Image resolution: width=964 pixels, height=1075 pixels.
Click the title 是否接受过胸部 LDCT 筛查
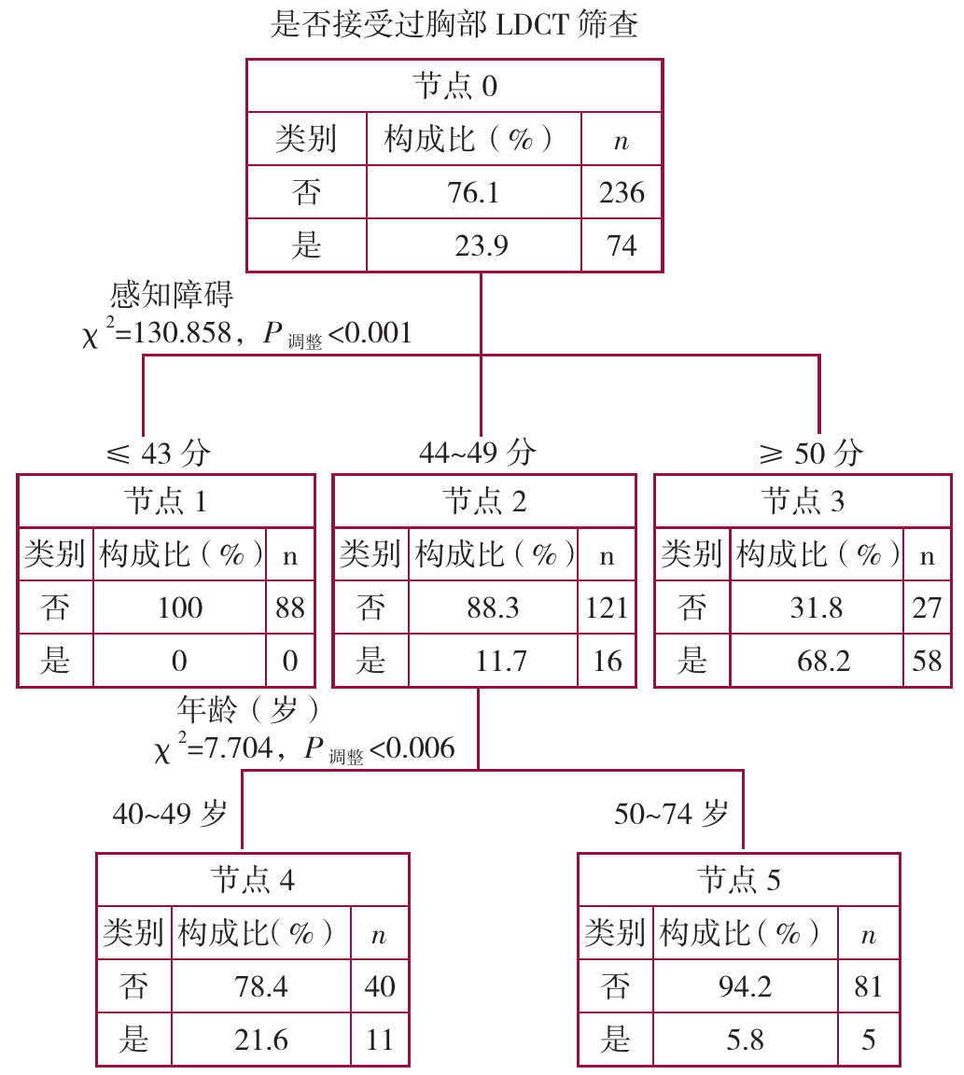click(454, 25)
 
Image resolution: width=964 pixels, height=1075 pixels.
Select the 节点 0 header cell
click(454, 87)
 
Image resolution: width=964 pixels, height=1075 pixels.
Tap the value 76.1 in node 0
click(473, 192)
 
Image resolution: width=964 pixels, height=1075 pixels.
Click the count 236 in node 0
click(622, 192)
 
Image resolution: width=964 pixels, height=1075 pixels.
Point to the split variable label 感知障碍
click(172, 296)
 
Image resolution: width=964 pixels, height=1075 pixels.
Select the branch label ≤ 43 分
click(159, 454)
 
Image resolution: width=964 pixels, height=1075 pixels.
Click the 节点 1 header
click(165, 502)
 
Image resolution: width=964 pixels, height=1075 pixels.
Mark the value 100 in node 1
click(179, 607)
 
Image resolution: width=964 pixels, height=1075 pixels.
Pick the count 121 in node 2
click(607, 607)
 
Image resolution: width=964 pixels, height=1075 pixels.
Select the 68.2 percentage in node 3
click(816, 661)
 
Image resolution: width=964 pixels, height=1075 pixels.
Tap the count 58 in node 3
click(927, 661)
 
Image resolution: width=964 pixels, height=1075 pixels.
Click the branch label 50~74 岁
click(670, 814)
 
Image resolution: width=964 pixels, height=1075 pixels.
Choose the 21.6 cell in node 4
click(261, 1039)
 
